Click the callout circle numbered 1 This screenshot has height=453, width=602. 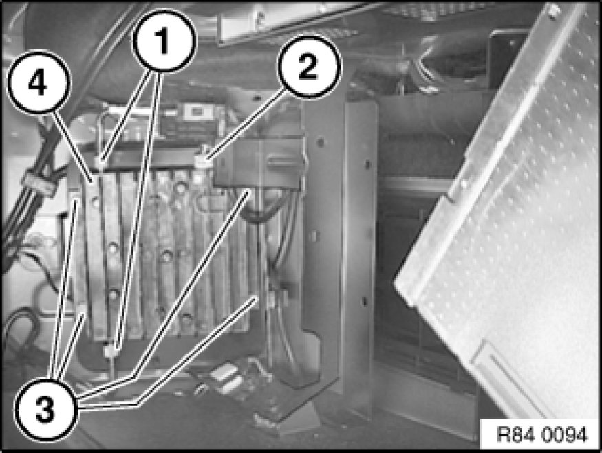[164, 41]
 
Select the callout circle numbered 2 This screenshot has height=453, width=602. [309, 67]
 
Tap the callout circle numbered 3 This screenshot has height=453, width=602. [45, 409]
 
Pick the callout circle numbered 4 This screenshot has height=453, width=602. [39, 82]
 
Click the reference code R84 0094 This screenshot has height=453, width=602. [541, 434]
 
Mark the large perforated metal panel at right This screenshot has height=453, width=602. [499, 214]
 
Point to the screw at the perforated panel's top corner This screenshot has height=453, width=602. [552, 9]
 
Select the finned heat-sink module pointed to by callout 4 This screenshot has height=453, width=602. [165, 253]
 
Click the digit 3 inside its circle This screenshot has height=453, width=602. [45, 409]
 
